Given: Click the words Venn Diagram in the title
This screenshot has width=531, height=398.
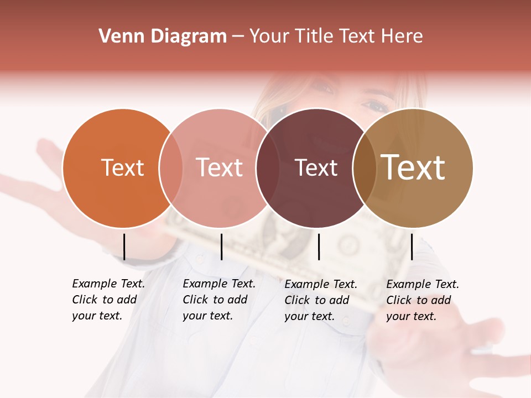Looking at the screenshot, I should click(x=163, y=36).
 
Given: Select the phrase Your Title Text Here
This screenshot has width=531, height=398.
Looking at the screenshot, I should click(x=336, y=36).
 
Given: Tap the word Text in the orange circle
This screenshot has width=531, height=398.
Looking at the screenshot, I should click(x=122, y=167).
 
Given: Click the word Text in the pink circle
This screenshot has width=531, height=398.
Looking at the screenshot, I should click(x=220, y=167).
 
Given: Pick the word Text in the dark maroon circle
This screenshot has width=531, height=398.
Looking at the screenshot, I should click(x=316, y=167).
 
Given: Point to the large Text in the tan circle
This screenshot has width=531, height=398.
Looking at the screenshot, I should click(x=413, y=167).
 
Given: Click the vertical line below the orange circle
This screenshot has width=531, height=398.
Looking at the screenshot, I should click(x=124, y=247).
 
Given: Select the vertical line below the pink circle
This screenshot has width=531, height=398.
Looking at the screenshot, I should click(x=221, y=247).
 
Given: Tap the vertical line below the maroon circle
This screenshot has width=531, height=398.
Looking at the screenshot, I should click(x=319, y=247).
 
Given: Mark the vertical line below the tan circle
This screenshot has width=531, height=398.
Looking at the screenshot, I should click(x=412, y=247).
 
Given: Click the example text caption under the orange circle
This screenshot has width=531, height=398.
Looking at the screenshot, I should click(x=108, y=300).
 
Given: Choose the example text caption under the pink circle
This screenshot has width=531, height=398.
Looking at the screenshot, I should click(x=219, y=300).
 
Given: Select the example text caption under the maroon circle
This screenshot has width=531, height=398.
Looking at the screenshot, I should click(x=321, y=300).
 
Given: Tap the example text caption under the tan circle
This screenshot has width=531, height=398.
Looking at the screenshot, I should click(x=423, y=300).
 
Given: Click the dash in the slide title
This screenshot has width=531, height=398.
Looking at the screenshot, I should click(x=238, y=37).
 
